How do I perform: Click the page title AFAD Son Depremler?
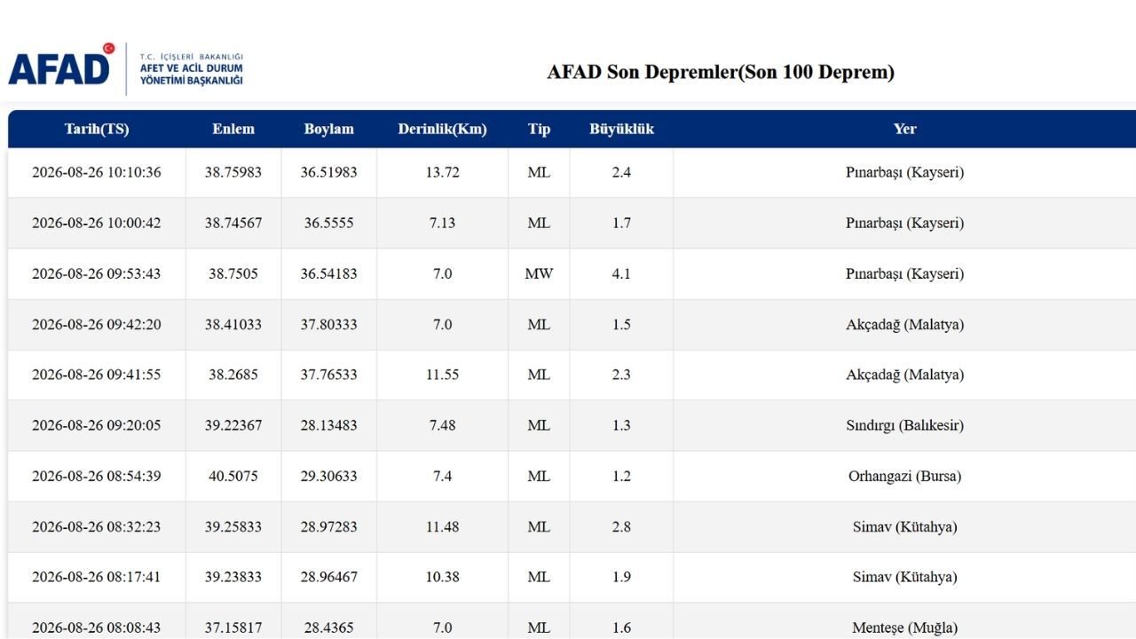720,72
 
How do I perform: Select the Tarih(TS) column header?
97,129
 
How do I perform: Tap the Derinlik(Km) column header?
442,129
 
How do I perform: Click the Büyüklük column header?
621,129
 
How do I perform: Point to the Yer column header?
904,129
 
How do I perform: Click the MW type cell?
539,274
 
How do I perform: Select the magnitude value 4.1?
621,274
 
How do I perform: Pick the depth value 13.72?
442,172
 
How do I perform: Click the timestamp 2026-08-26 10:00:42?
97,223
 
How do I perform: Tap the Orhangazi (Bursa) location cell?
904,477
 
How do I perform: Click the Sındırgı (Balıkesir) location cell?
904,425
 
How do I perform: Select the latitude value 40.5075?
233,477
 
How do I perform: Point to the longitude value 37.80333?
328,325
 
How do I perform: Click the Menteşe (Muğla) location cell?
904,627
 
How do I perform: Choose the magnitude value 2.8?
621,527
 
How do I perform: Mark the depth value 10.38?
442,577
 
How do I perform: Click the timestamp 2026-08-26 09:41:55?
97,375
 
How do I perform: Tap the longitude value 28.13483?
328,425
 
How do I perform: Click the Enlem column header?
233,129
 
